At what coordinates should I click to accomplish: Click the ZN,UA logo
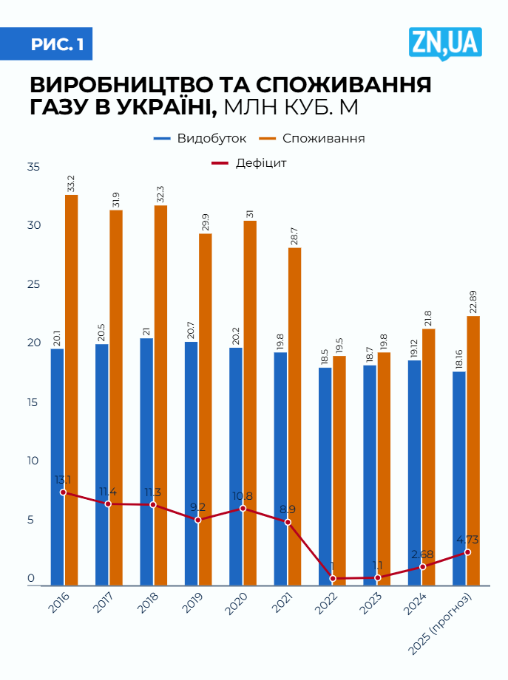pos(444,44)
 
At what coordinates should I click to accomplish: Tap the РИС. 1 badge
pos(56,45)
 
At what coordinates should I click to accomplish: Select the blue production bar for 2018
pos(146,461)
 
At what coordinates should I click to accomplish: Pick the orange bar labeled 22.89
pos(473,450)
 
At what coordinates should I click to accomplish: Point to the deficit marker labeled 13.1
pos(63,492)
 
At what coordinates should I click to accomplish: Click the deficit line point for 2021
pos(288,522)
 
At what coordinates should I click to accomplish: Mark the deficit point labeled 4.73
pos(467,552)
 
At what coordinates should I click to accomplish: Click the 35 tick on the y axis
pos(33,168)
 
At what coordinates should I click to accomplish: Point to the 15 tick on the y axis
pos(33,403)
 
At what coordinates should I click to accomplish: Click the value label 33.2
pos(71,184)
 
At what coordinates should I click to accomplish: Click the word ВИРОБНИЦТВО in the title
pos(130,83)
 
